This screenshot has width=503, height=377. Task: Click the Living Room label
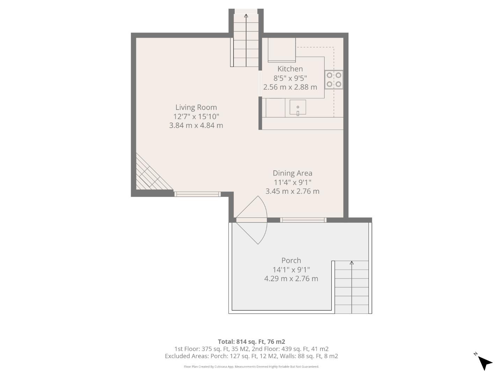tap(196, 107)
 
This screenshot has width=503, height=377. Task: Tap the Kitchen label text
tap(290, 69)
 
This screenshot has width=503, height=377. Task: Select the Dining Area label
tap(292, 173)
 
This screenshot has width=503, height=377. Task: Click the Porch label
tap(291, 260)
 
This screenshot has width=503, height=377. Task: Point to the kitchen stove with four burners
tap(334, 80)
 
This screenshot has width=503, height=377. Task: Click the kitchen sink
tap(298, 108)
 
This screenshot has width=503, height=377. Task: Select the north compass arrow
tap(484, 362)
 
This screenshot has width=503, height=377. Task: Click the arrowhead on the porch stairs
tap(352, 263)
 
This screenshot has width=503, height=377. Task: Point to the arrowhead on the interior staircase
tap(246, 16)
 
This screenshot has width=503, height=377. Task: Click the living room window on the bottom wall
tap(197, 194)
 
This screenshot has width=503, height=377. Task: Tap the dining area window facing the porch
tap(303, 220)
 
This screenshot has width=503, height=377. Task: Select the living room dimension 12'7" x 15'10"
tap(196, 116)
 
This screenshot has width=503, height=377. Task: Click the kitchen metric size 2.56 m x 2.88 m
tap(290, 87)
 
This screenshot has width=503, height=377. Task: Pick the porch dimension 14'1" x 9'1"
tap(291, 269)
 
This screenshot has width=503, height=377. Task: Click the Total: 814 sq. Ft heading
tap(251, 342)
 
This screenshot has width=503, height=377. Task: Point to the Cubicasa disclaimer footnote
tap(251, 367)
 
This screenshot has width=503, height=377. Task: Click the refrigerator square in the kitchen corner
tap(282, 50)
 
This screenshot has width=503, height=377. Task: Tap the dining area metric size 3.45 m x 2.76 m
tap(292, 191)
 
